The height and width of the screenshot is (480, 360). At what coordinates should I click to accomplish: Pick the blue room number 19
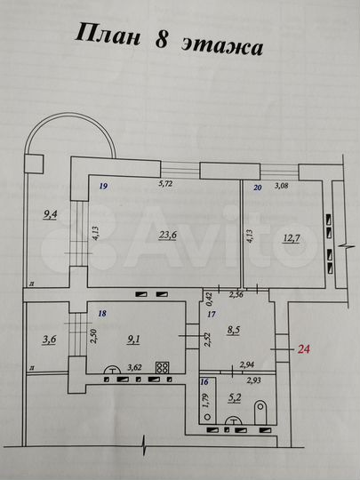click(104, 187)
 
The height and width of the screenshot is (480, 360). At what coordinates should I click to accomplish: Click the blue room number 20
click(257, 188)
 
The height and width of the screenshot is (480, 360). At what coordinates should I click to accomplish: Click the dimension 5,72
click(165, 185)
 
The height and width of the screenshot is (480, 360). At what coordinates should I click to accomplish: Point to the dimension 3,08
click(282, 186)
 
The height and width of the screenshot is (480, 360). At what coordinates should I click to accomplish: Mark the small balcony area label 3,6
click(48, 339)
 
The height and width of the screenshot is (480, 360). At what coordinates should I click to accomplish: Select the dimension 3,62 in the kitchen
click(133, 365)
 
